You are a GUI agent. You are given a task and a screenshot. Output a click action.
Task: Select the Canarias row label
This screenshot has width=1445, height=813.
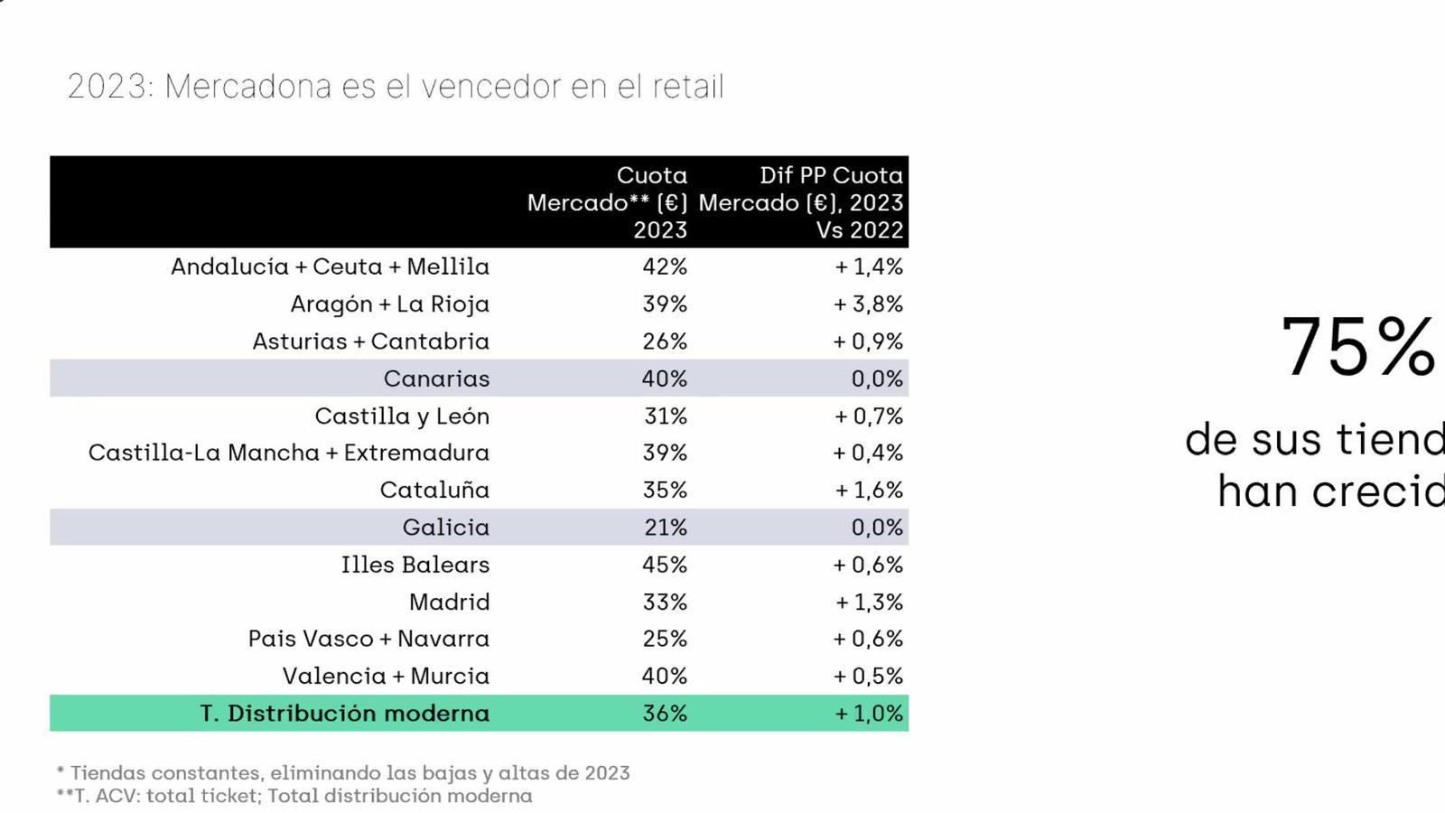click(436, 378)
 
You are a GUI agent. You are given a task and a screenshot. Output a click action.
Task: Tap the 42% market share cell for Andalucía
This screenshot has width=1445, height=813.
click(665, 266)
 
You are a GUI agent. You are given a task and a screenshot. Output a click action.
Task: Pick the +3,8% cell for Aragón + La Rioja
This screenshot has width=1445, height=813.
click(868, 304)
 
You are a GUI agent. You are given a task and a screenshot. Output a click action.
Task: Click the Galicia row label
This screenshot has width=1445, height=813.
click(446, 528)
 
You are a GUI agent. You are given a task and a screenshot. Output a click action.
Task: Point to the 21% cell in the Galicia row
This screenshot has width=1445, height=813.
click(666, 528)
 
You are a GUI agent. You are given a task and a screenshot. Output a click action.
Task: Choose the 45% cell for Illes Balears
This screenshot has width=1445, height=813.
click(665, 565)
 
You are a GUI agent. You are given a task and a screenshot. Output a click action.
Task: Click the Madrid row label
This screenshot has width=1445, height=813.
click(449, 602)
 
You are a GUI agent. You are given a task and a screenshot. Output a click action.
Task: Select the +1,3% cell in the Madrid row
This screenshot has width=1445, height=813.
click(869, 602)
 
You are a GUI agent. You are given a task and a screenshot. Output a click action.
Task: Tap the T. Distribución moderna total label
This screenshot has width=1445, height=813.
click(345, 714)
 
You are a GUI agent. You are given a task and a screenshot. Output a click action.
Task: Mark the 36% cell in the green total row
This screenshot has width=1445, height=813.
click(665, 714)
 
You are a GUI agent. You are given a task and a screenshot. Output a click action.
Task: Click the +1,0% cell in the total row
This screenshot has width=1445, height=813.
click(869, 714)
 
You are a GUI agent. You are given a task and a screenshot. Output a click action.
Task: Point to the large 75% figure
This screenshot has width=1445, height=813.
click(1358, 347)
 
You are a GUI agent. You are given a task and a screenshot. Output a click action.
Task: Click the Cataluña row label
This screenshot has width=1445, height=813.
click(434, 491)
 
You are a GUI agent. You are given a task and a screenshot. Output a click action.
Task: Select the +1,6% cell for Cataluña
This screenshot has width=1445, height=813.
click(869, 491)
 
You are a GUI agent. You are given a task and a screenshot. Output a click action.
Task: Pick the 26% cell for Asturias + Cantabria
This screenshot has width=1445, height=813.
click(665, 341)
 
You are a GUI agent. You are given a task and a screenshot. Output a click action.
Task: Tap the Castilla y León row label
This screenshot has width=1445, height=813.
click(402, 416)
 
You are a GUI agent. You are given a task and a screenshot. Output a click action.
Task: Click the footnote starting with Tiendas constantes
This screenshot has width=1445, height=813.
click(343, 773)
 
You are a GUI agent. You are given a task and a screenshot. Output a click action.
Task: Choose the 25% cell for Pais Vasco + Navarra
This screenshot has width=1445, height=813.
click(665, 639)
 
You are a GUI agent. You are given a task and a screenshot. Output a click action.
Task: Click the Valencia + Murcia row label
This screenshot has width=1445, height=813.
click(386, 677)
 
